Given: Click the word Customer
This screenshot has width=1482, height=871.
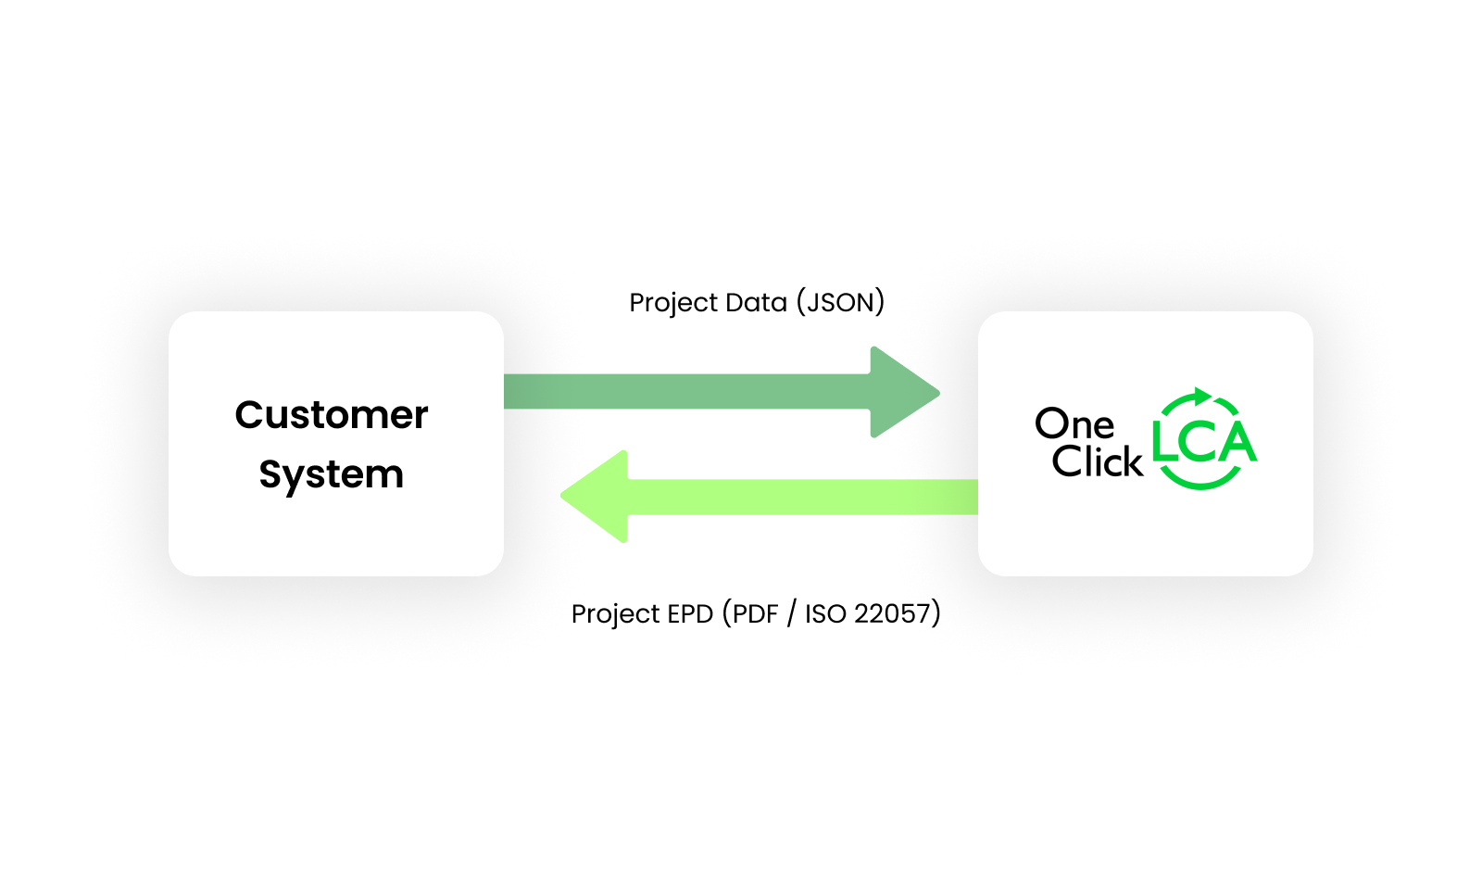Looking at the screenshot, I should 332,415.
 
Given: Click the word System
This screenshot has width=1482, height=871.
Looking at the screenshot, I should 332,475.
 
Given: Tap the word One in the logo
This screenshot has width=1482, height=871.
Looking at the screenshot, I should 1074,424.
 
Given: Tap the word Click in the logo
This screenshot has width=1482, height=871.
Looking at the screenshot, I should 1097,461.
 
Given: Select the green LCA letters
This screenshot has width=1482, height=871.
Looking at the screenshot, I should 1204,442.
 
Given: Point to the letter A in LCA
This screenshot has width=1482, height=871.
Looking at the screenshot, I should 1236,442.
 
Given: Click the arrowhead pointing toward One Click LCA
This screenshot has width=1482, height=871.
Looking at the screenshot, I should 903,392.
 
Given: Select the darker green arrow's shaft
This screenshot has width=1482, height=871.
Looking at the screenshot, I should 685,391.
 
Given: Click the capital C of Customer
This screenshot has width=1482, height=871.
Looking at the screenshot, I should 248,415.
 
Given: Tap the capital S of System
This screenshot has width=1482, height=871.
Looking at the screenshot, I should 270,474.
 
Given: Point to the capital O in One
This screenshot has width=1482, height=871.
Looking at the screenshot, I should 1051,424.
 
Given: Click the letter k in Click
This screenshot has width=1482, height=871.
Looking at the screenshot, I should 1133,461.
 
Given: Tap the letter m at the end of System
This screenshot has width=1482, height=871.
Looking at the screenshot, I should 387,476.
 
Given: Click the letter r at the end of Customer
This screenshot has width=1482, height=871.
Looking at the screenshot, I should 421,417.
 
